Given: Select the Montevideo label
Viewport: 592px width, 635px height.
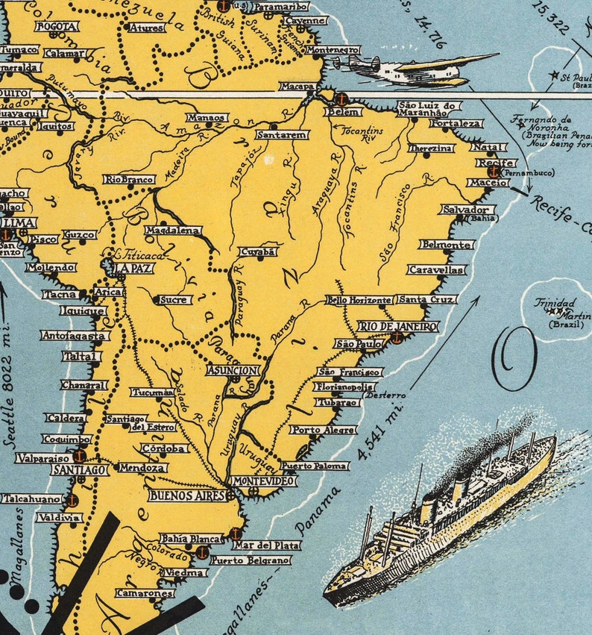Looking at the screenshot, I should click(x=261, y=481).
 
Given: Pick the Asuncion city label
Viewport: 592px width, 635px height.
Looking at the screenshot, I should click(x=233, y=370).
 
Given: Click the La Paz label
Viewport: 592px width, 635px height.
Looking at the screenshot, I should click(x=133, y=268).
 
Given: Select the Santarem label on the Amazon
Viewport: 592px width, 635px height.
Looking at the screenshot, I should click(x=282, y=135).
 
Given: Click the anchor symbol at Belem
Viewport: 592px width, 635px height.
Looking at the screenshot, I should click(x=340, y=99).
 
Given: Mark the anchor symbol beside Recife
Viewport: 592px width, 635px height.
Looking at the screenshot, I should click(x=491, y=172).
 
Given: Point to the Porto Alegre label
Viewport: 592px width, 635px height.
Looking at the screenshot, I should click(x=323, y=430).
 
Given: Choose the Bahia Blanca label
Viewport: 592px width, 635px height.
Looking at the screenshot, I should click(x=189, y=538).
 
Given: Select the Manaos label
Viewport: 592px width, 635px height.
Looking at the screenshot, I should click(x=207, y=117).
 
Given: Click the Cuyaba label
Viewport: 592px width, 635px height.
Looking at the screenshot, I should click(x=258, y=251).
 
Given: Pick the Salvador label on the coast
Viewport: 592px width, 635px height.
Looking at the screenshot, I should click(x=465, y=210).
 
